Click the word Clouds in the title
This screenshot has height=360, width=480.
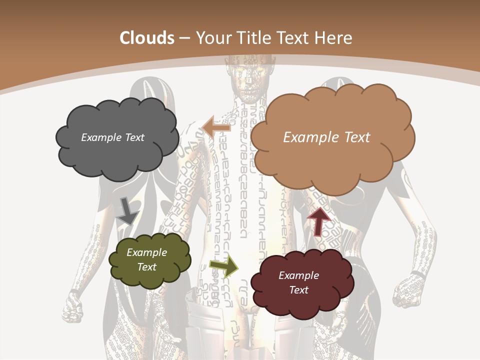click(147, 38)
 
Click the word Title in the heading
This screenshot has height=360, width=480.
click(254, 38)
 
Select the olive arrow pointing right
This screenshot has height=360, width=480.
click(224, 266)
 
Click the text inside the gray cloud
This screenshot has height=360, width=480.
click(112, 137)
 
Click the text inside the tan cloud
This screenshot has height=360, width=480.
click(326, 137)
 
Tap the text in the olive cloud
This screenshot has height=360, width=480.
click(147, 259)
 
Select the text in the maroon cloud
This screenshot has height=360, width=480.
click(299, 282)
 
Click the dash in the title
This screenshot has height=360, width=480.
click(184, 38)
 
